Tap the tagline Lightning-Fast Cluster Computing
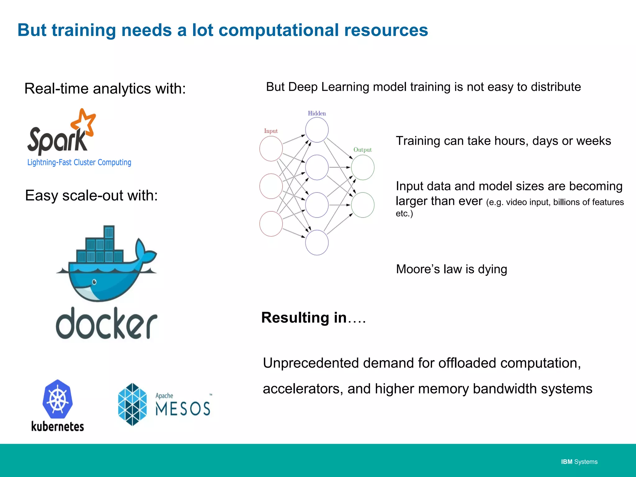point(79,162)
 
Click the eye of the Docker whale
point(94,282)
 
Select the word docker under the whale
point(107,323)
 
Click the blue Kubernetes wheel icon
point(57,399)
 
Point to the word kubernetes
point(57,426)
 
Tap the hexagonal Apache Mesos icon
point(133,404)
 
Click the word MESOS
point(183,408)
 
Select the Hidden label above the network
point(317,113)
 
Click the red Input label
point(271,131)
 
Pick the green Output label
point(362,150)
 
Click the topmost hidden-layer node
point(317,130)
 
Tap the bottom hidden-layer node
point(317,243)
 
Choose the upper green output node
point(363,167)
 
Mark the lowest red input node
point(271,224)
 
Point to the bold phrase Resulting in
point(304,318)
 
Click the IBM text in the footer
point(567,462)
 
